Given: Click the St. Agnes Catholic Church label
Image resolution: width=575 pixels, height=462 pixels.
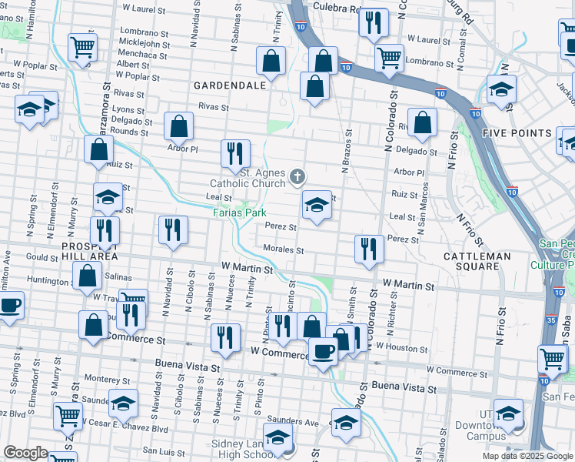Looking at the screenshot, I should [x=248, y=179].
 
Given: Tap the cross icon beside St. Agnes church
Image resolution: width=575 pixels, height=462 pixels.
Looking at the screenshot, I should [x=297, y=179].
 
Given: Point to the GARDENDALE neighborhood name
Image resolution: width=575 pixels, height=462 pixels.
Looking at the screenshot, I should [x=230, y=85].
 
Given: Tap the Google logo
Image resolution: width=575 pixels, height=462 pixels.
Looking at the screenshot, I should [x=25, y=453].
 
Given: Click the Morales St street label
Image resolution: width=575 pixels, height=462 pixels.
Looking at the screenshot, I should [x=284, y=249].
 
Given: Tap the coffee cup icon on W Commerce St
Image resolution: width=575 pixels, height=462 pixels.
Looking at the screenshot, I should [x=323, y=351].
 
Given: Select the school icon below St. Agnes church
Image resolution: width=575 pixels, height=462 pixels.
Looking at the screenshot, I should [x=317, y=205].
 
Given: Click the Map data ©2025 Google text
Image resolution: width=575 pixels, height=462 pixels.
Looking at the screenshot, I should [x=527, y=456].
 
